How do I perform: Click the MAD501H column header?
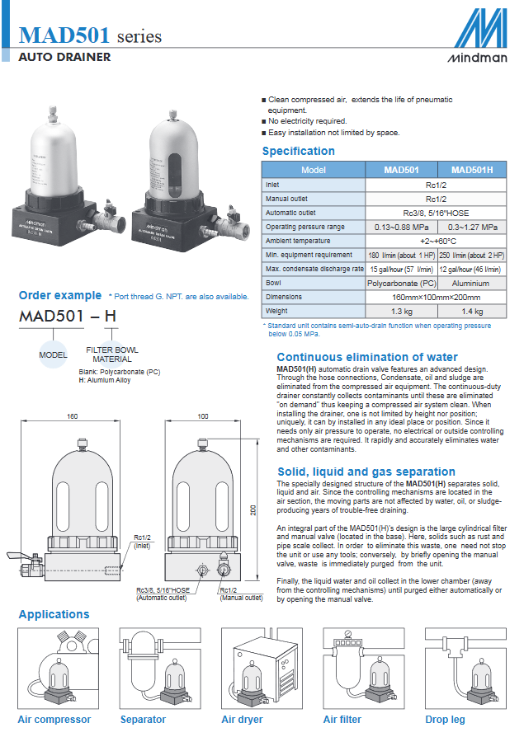click(472, 170)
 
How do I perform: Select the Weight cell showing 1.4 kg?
click(472, 312)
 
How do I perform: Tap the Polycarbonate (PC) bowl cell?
click(401, 283)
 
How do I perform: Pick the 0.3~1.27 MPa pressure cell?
click(472, 227)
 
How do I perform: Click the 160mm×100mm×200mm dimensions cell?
click(437, 297)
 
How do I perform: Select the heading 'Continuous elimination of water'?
click(367, 357)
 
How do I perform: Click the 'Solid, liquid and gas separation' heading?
click(366, 472)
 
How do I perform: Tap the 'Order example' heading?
click(60, 296)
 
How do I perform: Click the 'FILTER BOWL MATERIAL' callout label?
click(112, 354)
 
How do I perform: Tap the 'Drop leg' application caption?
click(445, 720)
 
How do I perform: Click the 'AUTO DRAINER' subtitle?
click(64, 58)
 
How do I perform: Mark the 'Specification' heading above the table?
click(298, 151)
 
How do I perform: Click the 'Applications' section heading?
click(54, 614)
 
